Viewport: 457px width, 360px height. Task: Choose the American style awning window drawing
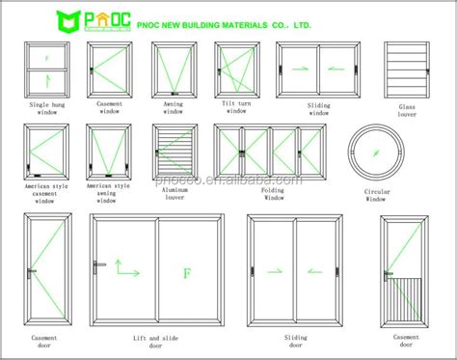104,150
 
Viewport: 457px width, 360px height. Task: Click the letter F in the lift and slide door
188,273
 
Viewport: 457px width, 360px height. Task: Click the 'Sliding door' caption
295,340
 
